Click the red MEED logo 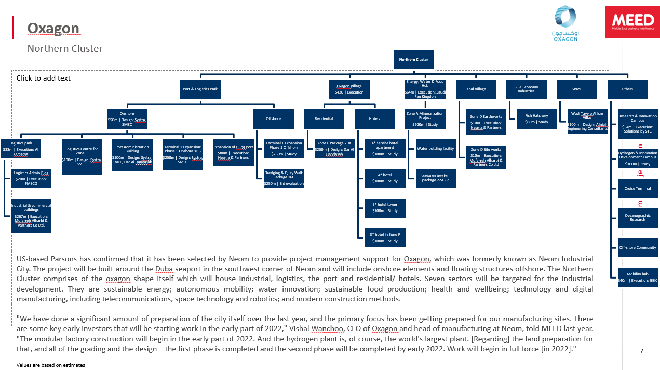631,22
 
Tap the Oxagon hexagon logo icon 564,18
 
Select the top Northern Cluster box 414,60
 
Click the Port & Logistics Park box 200,89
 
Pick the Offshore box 273,119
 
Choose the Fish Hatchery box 536,119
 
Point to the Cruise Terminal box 638,189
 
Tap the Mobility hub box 638,277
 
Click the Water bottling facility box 435,149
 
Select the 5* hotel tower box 384,207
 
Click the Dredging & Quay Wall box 284,178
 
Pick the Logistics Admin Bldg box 31,178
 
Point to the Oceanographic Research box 638,218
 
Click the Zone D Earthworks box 486,122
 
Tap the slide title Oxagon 53,28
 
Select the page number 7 641,351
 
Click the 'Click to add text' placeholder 44,78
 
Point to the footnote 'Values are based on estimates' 50,365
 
